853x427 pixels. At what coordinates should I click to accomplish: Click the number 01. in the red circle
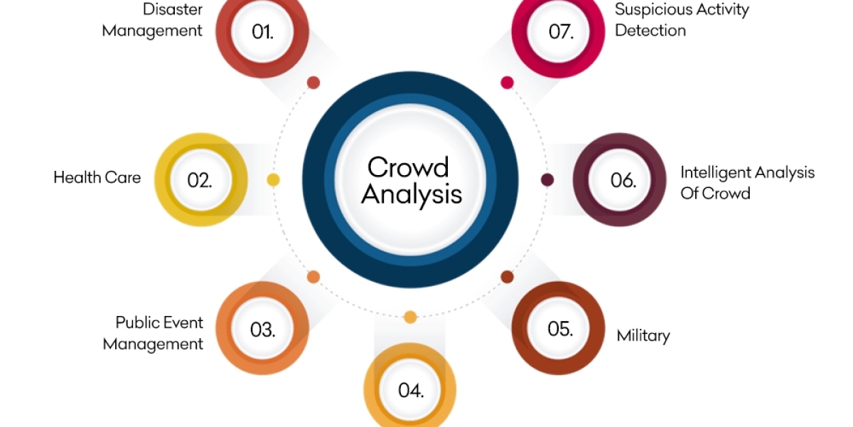pyautogui.click(x=262, y=31)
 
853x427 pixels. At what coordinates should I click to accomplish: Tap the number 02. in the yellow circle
pyautogui.click(x=200, y=180)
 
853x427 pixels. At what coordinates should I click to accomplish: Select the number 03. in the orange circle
pyautogui.click(x=262, y=330)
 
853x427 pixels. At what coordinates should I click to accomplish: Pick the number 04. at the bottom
pyautogui.click(x=411, y=391)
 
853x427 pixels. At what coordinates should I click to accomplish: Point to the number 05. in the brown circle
pyautogui.click(x=559, y=329)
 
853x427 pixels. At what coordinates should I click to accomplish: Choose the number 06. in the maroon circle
pyautogui.click(x=623, y=180)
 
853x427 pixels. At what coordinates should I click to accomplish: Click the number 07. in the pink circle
pyautogui.click(x=561, y=32)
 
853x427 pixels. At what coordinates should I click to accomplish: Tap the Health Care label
pyautogui.click(x=97, y=177)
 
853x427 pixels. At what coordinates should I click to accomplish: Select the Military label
pyautogui.click(x=643, y=335)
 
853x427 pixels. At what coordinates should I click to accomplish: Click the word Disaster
pyautogui.click(x=173, y=9)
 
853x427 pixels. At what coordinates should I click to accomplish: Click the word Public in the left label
pyautogui.click(x=139, y=322)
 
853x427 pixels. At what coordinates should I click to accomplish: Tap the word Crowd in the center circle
pyautogui.click(x=408, y=167)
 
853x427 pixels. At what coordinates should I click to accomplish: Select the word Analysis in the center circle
pyautogui.click(x=412, y=194)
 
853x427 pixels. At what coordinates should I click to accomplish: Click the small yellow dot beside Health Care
pyautogui.click(x=273, y=180)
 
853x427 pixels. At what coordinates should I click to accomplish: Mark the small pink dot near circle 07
pyautogui.click(x=507, y=83)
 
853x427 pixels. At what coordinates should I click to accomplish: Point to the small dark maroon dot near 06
pyautogui.click(x=547, y=180)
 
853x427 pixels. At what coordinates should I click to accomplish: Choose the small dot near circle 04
pyautogui.click(x=410, y=317)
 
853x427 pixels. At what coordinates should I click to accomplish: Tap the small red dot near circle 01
pyautogui.click(x=313, y=83)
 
